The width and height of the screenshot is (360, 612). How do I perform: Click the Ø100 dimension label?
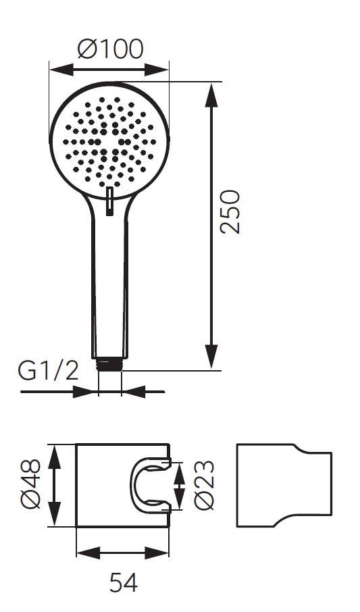110,49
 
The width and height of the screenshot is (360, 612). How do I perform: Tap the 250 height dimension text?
230,212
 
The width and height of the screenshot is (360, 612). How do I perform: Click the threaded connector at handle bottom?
110,365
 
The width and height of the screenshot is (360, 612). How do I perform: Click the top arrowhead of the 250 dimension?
212,91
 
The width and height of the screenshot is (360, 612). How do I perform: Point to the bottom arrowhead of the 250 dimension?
212,359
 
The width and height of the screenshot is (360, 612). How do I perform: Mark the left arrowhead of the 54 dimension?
84,553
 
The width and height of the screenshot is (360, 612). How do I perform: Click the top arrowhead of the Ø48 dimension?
55,453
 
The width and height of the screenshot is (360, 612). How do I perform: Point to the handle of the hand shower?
110,284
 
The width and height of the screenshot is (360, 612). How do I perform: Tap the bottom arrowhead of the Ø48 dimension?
55,517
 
